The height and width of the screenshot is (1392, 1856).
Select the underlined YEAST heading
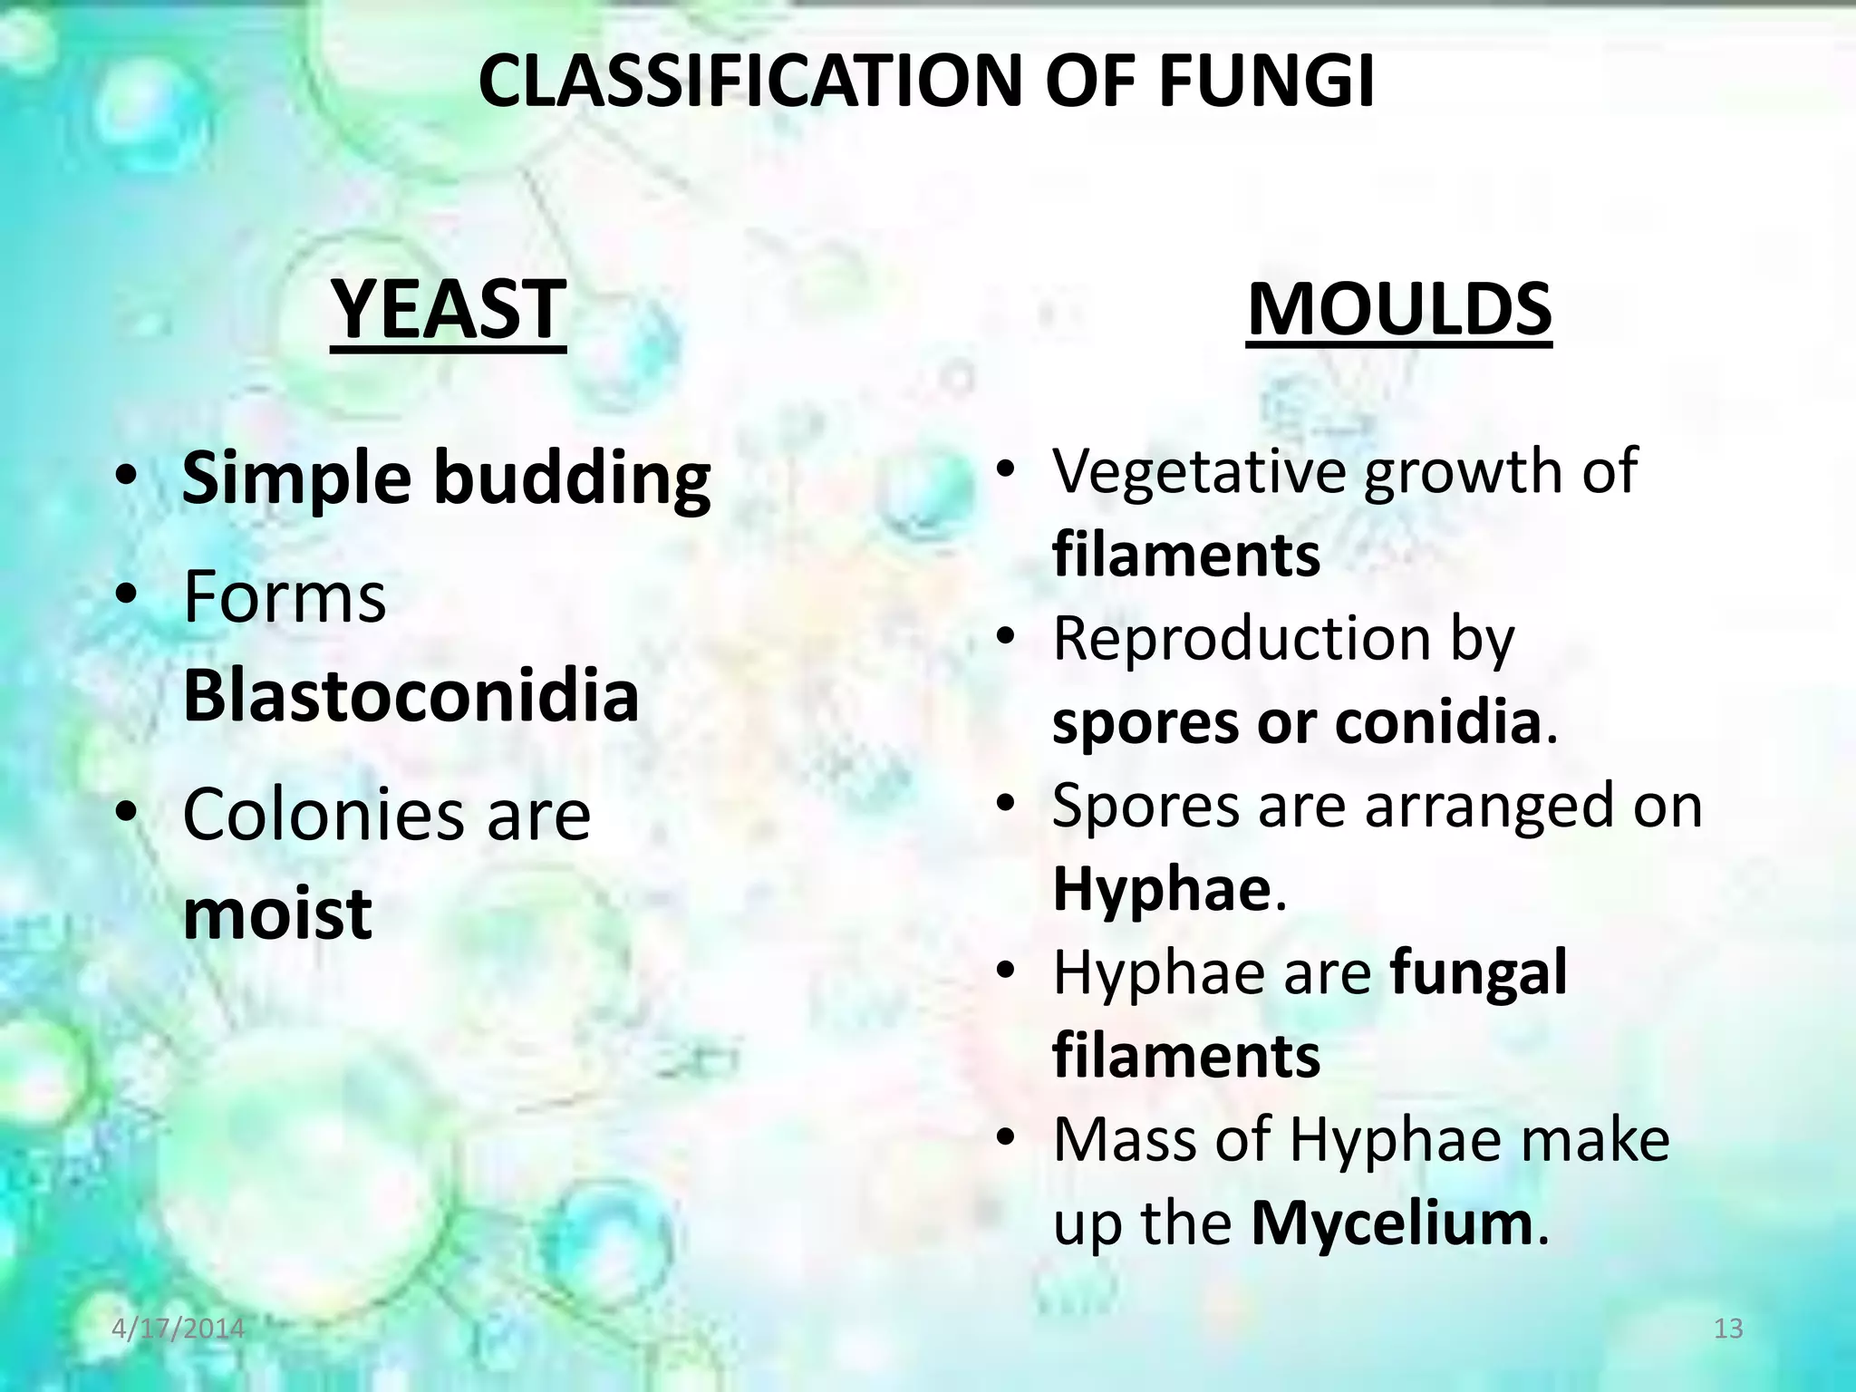449,310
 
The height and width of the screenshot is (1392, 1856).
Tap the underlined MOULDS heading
1399,310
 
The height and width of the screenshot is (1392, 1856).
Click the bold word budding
573,478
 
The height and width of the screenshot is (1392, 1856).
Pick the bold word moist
277,913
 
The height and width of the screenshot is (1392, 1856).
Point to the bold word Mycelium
1391,1223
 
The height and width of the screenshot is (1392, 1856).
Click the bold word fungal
1478,972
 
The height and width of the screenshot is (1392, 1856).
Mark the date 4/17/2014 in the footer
179,1329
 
